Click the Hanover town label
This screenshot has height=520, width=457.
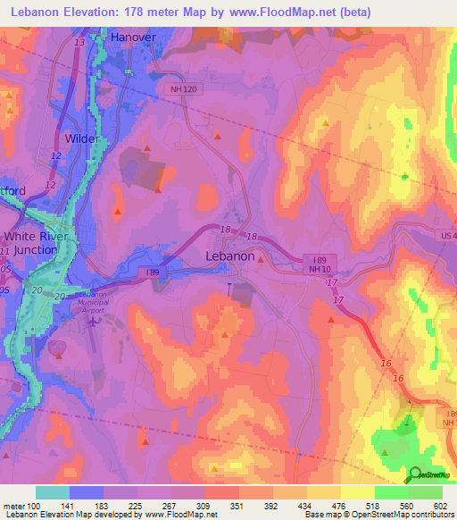[132, 38]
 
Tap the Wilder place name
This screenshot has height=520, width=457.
[81, 138]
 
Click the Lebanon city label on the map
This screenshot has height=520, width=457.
[225, 256]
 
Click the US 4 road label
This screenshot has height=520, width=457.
[446, 234]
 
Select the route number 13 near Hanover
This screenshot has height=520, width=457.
[81, 43]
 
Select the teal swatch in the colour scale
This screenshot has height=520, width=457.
[53, 492]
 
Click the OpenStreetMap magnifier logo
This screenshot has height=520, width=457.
[415, 475]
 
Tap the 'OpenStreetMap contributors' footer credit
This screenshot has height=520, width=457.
[395, 515]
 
